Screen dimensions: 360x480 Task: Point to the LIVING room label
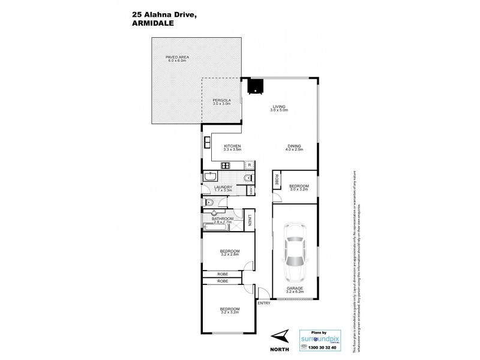tap(279, 108)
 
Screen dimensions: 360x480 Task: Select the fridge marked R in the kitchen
tap(249, 164)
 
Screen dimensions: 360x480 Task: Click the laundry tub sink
tap(211, 177)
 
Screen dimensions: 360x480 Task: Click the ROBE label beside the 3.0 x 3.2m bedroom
tap(276, 178)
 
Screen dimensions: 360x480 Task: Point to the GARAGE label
tap(294, 289)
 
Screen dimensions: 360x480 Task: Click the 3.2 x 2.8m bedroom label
tap(230, 253)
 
